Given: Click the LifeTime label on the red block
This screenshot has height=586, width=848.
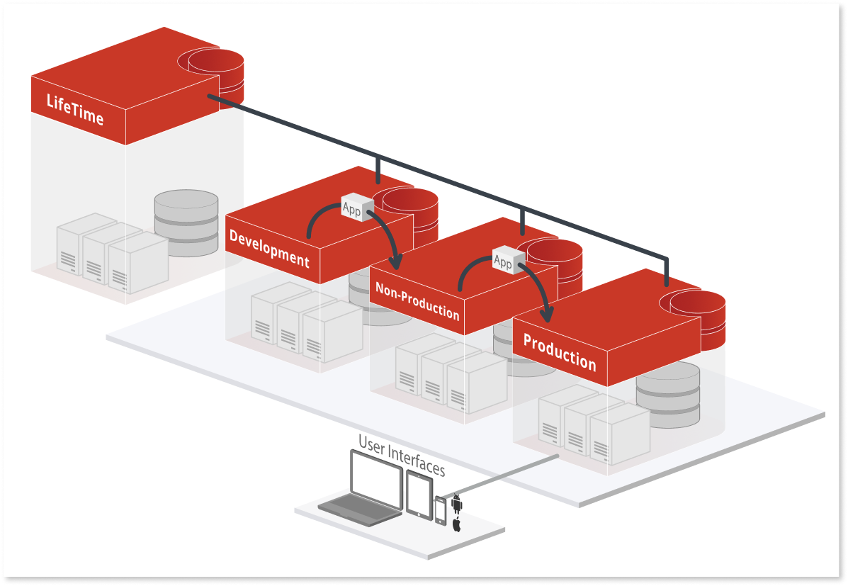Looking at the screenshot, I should pos(75,109).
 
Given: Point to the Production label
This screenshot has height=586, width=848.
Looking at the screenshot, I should pos(560,353).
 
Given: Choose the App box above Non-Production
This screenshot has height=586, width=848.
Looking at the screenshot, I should pos(503,261).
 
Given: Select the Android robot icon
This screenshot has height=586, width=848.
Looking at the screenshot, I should pos(457,504).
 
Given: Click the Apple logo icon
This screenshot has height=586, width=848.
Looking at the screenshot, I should pos(457,525).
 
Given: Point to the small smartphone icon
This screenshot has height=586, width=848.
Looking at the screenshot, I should pos(441,510).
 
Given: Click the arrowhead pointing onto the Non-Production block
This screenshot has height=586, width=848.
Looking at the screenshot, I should pos(395,262).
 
